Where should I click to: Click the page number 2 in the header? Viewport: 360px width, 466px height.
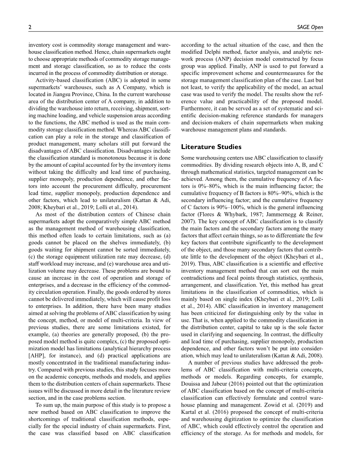click(30, 27)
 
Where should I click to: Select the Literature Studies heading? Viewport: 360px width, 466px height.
click(211, 147)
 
